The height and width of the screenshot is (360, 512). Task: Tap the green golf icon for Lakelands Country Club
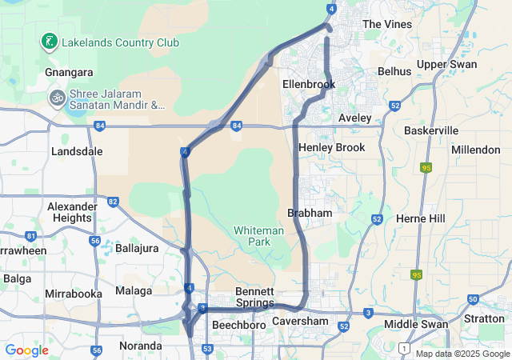point(49,41)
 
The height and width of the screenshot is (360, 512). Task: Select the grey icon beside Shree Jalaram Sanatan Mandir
point(57,98)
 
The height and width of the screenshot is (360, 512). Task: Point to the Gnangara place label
point(69,71)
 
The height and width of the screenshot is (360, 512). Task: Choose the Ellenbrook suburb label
point(308,84)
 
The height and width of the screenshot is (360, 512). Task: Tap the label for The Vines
point(387,24)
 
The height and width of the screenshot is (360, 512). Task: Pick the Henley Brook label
point(331,147)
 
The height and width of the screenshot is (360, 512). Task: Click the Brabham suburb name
point(310,213)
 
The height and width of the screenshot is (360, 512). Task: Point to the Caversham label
point(300,322)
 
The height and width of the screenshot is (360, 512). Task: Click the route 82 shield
point(113,202)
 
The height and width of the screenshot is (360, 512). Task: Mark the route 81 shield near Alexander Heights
point(30,236)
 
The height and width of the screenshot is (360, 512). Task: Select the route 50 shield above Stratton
point(473,299)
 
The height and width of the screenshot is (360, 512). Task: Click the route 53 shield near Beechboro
point(207,349)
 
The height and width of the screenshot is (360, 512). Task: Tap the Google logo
point(26,350)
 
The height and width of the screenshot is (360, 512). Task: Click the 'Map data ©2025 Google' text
point(462,354)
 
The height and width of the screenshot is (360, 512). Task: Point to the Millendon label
point(475,150)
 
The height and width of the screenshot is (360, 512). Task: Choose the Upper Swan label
point(446,64)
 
